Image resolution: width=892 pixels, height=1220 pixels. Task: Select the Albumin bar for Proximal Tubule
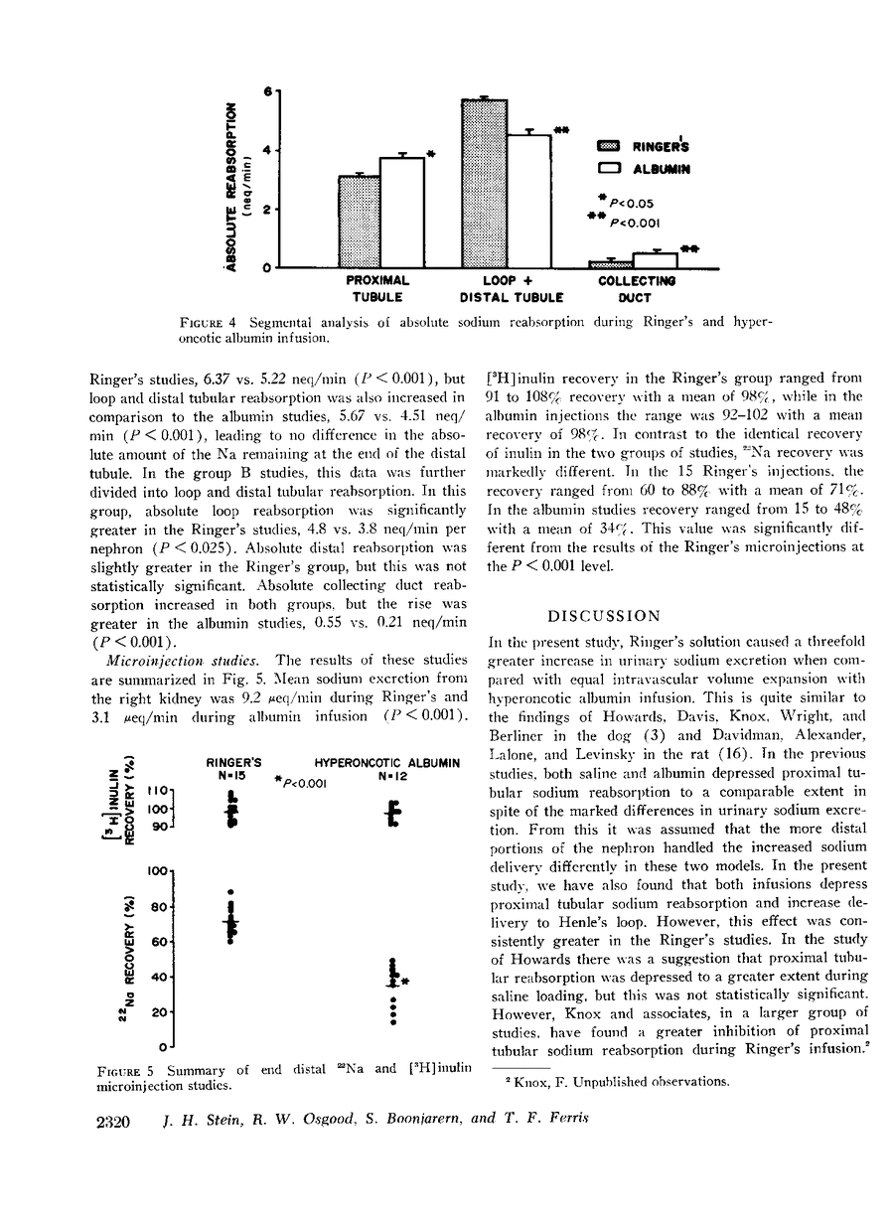pyautogui.click(x=401, y=213)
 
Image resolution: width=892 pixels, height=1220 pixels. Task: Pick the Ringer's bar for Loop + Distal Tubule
pyautogui.click(x=485, y=184)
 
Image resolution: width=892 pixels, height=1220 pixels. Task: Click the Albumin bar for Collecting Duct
pyautogui.click(x=655, y=260)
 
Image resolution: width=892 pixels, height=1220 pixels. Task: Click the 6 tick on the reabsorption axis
pyautogui.click(x=266, y=91)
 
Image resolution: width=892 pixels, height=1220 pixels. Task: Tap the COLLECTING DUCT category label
pyautogui.click(x=636, y=288)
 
